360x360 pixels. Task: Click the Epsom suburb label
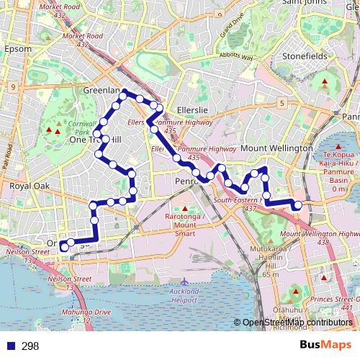pyautogui.click(x=18, y=49)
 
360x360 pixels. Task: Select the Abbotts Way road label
pyautogui.click(x=237, y=56)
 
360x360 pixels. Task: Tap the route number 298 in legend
pyautogui.click(x=30, y=346)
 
